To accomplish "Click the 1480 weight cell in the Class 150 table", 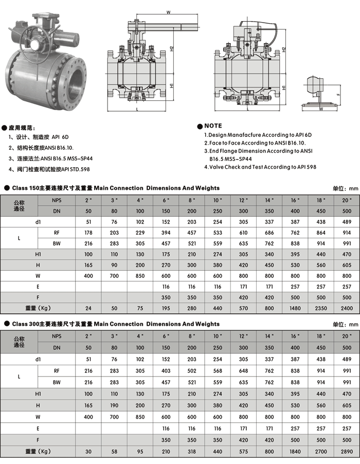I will pos(295,308).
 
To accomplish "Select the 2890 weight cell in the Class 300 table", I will pos(347,451).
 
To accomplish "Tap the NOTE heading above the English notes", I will pos(213,126).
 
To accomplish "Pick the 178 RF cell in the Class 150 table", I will pos(88,233).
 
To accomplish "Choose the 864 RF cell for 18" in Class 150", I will pos(321,233).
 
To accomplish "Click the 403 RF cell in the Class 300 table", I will pos(166,370).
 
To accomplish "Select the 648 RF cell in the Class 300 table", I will pos(243,370).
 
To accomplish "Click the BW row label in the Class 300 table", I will pos(57,382).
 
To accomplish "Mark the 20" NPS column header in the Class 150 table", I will pos(347,200).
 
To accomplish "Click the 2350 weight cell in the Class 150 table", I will pos(321,308).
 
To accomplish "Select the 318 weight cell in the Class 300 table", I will pos(192,451).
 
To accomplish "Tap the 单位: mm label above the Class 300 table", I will pos(346,325).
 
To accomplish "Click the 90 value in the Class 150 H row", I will pos(114,265).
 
